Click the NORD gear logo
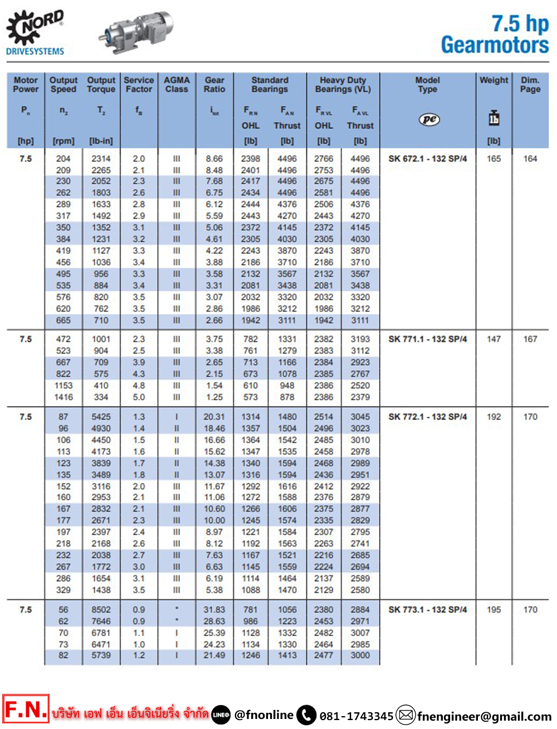(35, 28)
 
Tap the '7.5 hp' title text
(520, 23)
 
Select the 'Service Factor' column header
(139, 85)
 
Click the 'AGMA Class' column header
(177, 85)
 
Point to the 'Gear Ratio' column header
(214, 85)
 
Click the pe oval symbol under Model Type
(429, 119)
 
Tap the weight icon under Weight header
(494, 118)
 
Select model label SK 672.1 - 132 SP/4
(428, 159)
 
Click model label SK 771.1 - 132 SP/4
(428, 339)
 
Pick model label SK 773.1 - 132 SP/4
(428, 610)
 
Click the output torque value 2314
(101, 159)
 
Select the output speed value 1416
(63, 397)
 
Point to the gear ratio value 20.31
(214, 417)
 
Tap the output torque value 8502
(101, 610)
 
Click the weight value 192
(494, 417)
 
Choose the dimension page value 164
(530, 159)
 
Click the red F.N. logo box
(26, 709)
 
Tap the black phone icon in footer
(306, 715)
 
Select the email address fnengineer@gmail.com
(484, 716)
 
